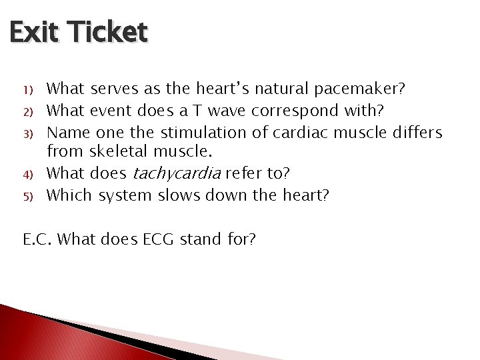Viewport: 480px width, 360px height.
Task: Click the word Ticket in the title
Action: pos(107,32)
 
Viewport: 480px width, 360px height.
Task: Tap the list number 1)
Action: pos(27,89)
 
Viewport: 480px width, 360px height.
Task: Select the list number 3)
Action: pos(27,134)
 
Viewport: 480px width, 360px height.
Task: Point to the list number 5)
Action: pos(27,197)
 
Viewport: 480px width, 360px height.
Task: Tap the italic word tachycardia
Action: pos(177,174)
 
